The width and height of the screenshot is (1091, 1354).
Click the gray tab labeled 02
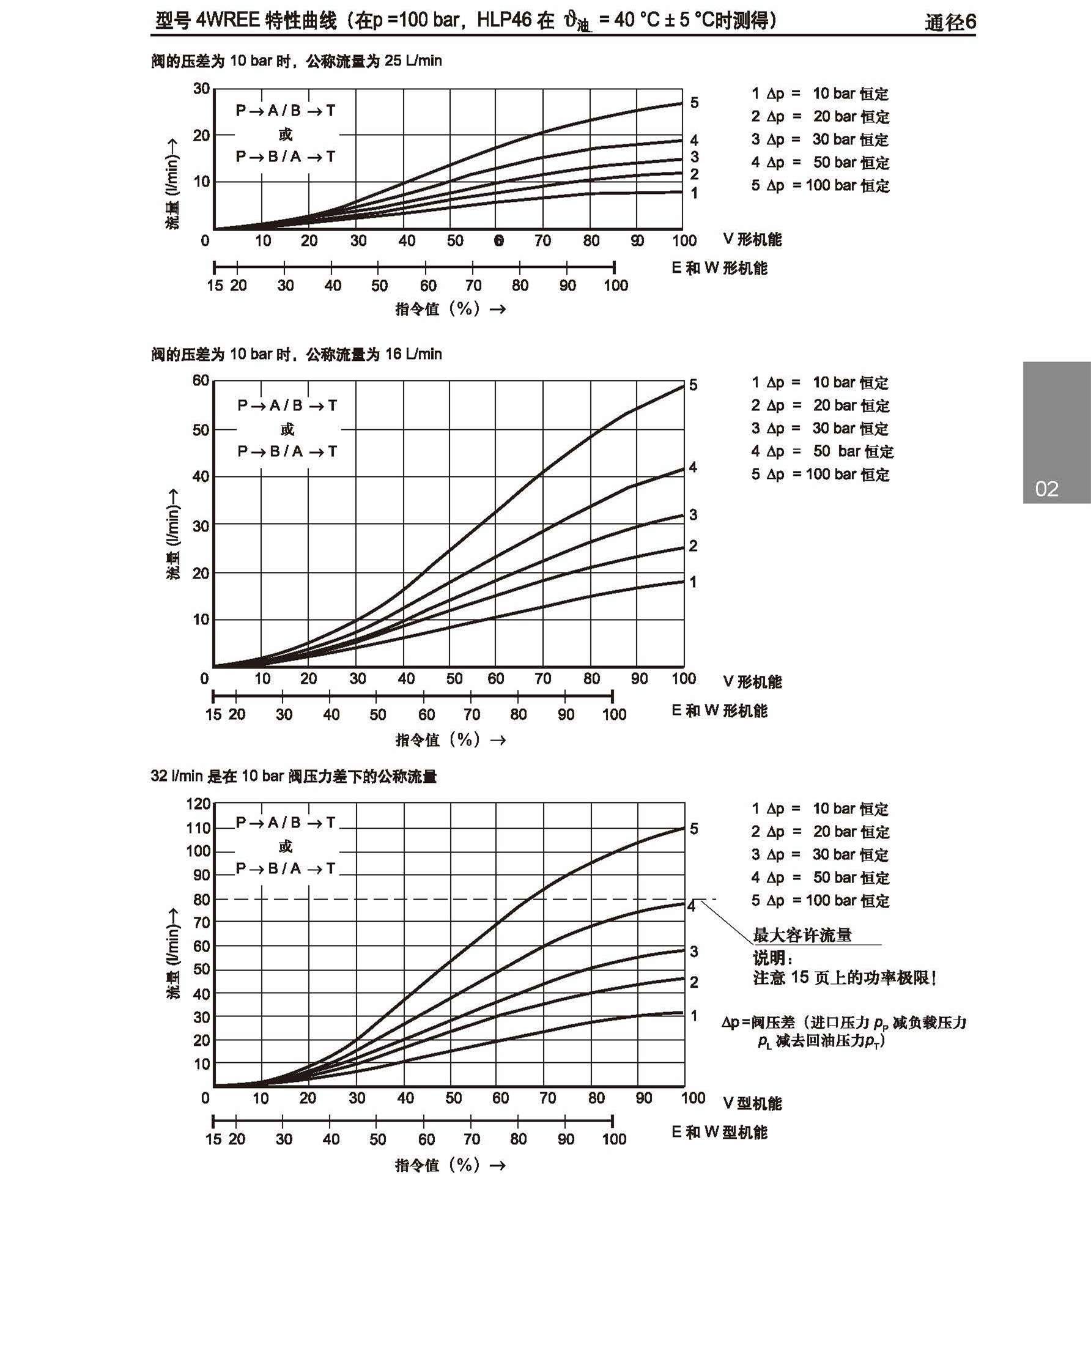click(1056, 433)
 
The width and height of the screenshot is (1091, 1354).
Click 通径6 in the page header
click(950, 23)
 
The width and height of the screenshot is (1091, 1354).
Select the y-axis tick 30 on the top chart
click(202, 89)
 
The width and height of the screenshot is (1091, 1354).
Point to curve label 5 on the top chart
click(694, 102)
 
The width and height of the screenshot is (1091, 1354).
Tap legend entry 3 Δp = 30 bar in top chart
click(820, 139)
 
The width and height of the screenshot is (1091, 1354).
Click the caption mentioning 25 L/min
click(296, 61)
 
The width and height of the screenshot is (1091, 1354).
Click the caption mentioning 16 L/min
click(296, 354)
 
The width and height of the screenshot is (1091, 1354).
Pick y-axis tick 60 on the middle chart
click(201, 380)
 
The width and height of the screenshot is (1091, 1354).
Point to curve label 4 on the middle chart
click(692, 467)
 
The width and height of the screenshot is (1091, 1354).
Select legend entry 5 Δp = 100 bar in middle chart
click(820, 475)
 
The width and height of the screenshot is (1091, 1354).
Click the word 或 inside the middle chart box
click(287, 429)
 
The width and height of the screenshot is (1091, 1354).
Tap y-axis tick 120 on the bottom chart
click(199, 804)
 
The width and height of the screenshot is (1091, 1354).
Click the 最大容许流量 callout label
click(802, 936)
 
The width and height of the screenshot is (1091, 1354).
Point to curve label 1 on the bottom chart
click(694, 1015)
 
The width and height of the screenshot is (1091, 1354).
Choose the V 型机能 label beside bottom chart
click(752, 1103)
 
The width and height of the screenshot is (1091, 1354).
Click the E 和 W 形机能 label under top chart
click(720, 268)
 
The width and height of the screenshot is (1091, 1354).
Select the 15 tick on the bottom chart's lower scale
click(213, 1139)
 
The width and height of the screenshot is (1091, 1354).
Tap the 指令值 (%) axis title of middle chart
click(450, 740)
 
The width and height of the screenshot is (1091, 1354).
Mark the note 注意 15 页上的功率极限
click(845, 978)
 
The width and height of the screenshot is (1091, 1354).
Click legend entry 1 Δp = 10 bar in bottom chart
click(820, 808)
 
